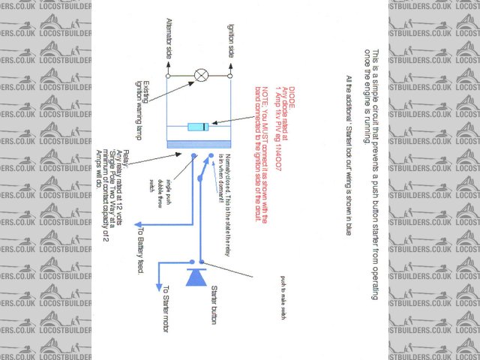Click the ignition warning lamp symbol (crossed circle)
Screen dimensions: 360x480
click(200, 75)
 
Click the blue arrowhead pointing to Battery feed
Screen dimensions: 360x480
click(139, 223)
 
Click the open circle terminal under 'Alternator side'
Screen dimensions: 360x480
click(168, 75)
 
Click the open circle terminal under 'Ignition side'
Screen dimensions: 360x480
click(232, 75)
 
